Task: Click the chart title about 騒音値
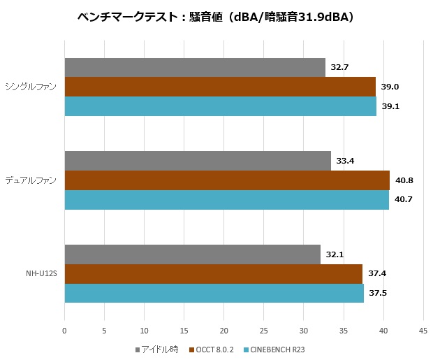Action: [216, 15]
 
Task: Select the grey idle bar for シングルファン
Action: [195, 67]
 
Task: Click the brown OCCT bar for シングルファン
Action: [220, 87]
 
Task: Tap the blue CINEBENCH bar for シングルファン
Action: [221, 106]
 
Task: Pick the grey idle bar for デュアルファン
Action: [198, 161]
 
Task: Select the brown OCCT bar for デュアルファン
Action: [227, 180]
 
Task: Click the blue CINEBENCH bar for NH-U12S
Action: [214, 293]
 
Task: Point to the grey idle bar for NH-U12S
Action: [192, 254]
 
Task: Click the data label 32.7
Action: [339, 67]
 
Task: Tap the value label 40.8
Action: [404, 180]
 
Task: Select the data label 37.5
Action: [378, 293]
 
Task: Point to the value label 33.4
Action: [345, 161]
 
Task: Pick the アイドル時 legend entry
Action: [158, 349]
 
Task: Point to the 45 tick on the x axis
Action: [423, 331]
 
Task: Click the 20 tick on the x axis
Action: [223, 331]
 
